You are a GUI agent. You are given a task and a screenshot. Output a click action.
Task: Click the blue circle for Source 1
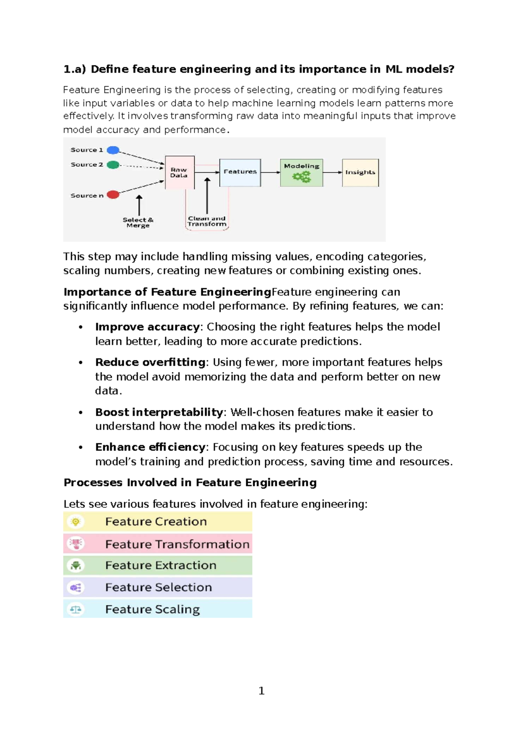pyautogui.click(x=113, y=150)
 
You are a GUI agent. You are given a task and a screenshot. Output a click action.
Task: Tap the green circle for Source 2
pyautogui.click(x=113, y=165)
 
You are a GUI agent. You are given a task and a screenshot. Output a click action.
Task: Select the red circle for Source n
pyautogui.click(x=113, y=195)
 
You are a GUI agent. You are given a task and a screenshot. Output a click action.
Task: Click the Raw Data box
pyautogui.click(x=180, y=172)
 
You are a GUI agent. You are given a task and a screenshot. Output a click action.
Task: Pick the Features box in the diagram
pyautogui.click(x=240, y=172)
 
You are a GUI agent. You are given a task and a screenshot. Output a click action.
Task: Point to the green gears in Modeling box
pyautogui.click(x=302, y=177)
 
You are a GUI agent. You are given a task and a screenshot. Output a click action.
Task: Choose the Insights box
pyautogui.click(x=360, y=172)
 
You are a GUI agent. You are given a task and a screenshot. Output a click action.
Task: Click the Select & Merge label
pyautogui.click(x=138, y=223)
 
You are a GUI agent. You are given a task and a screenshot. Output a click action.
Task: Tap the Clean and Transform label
pyautogui.click(x=207, y=221)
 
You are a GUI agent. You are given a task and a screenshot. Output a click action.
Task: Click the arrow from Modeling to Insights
pyautogui.click(x=333, y=172)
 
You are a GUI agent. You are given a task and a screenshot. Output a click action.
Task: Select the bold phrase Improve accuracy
pyautogui.click(x=147, y=327)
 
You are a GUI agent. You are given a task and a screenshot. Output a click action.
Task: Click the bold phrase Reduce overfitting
pyautogui.click(x=150, y=362)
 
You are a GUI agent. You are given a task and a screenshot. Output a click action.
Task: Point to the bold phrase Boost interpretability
pyautogui.click(x=159, y=412)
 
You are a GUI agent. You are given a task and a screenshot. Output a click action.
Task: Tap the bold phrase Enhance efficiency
pyautogui.click(x=150, y=447)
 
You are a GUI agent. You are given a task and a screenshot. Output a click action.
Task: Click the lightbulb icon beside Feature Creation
pyautogui.click(x=76, y=521)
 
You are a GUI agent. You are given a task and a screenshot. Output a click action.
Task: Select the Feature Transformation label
pyautogui.click(x=177, y=544)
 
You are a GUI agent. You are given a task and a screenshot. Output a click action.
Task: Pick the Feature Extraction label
pyautogui.click(x=161, y=565)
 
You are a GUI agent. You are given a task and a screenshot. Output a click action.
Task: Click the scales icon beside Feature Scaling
pyautogui.click(x=76, y=609)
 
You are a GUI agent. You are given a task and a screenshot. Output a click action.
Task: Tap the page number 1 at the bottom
pyautogui.click(x=261, y=690)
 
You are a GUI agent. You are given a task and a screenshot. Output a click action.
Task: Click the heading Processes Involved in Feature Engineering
pyautogui.click(x=190, y=482)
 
